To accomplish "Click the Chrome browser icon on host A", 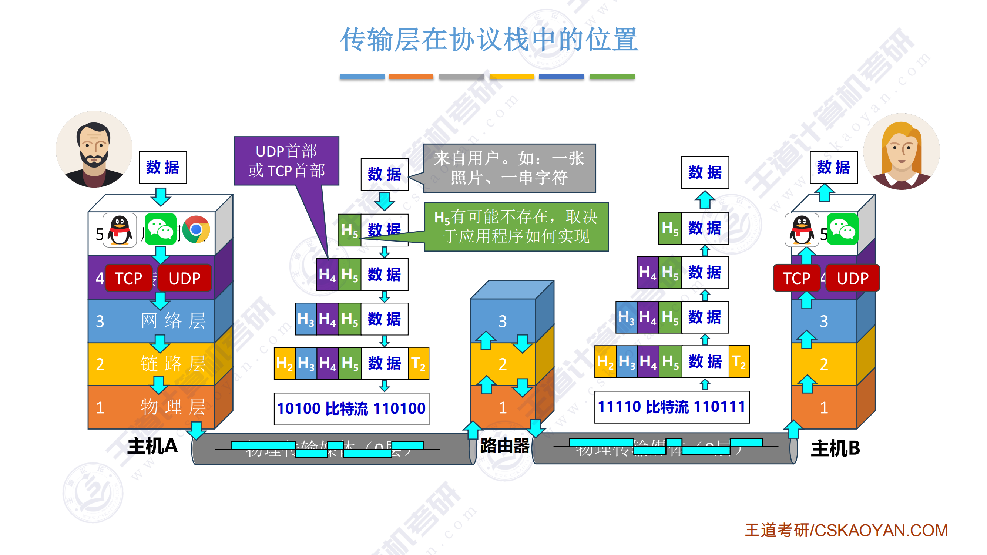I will click(196, 229).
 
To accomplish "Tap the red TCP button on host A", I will click(128, 278).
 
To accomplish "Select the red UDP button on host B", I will click(853, 278).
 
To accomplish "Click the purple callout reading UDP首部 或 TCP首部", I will click(286, 161).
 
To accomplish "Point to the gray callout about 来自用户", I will click(509, 168).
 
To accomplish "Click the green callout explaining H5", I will click(516, 227).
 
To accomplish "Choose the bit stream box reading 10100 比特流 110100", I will click(351, 409).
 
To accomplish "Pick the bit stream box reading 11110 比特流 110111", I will click(672, 407).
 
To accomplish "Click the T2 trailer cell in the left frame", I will click(419, 363).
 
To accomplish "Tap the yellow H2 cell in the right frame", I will click(605, 361).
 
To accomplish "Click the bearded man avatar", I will click(94, 149).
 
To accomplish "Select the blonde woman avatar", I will click(901, 151).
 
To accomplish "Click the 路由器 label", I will click(505, 446).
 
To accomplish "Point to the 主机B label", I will click(835, 448).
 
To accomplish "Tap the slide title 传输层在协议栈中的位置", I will click(489, 40).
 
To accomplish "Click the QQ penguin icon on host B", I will click(802, 230).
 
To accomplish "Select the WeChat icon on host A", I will click(161, 229).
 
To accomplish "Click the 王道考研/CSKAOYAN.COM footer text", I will click(846, 531).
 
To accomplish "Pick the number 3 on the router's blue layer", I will click(502, 321).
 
